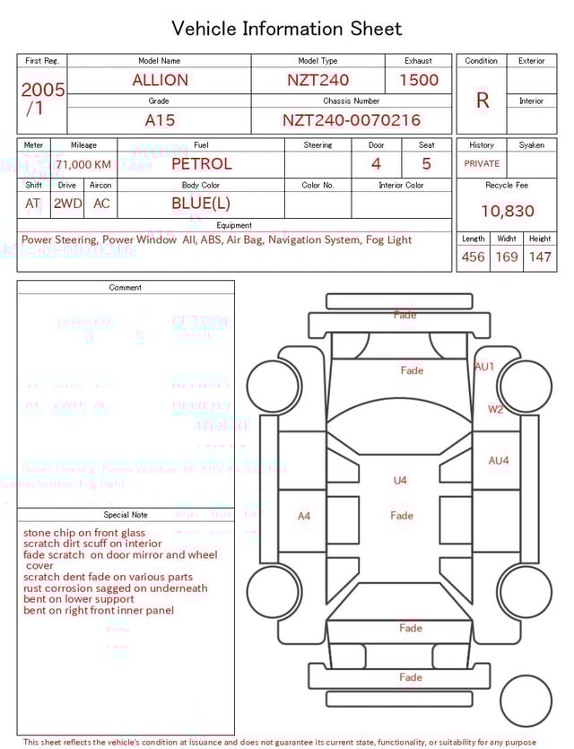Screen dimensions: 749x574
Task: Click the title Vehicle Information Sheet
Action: click(x=287, y=29)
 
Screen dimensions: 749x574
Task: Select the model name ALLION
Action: click(x=160, y=80)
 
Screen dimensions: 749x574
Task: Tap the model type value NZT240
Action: click(x=317, y=80)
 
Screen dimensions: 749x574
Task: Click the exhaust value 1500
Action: click(x=418, y=80)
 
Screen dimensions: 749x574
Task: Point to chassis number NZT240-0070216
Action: click(x=351, y=120)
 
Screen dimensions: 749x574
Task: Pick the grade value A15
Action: click(x=160, y=120)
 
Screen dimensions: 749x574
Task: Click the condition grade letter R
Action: click(x=482, y=100)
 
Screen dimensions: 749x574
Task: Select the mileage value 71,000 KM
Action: click(x=83, y=165)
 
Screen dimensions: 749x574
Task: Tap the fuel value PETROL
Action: click(x=201, y=163)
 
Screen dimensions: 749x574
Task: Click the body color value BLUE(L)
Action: click(x=201, y=204)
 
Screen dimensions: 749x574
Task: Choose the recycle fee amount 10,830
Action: click(x=507, y=211)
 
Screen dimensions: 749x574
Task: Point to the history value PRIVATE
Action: click(x=482, y=164)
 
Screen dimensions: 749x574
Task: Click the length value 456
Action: click(x=473, y=257)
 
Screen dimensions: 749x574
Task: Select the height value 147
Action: click(x=539, y=257)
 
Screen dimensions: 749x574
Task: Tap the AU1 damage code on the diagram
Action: click(x=484, y=367)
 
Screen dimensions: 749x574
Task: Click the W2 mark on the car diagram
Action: click(x=495, y=409)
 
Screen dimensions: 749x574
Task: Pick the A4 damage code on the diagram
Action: click(x=304, y=516)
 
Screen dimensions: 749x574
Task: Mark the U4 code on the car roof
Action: click(x=400, y=481)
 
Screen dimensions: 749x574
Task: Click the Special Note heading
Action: click(x=126, y=515)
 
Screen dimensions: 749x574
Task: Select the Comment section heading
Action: click(x=126, y=288)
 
